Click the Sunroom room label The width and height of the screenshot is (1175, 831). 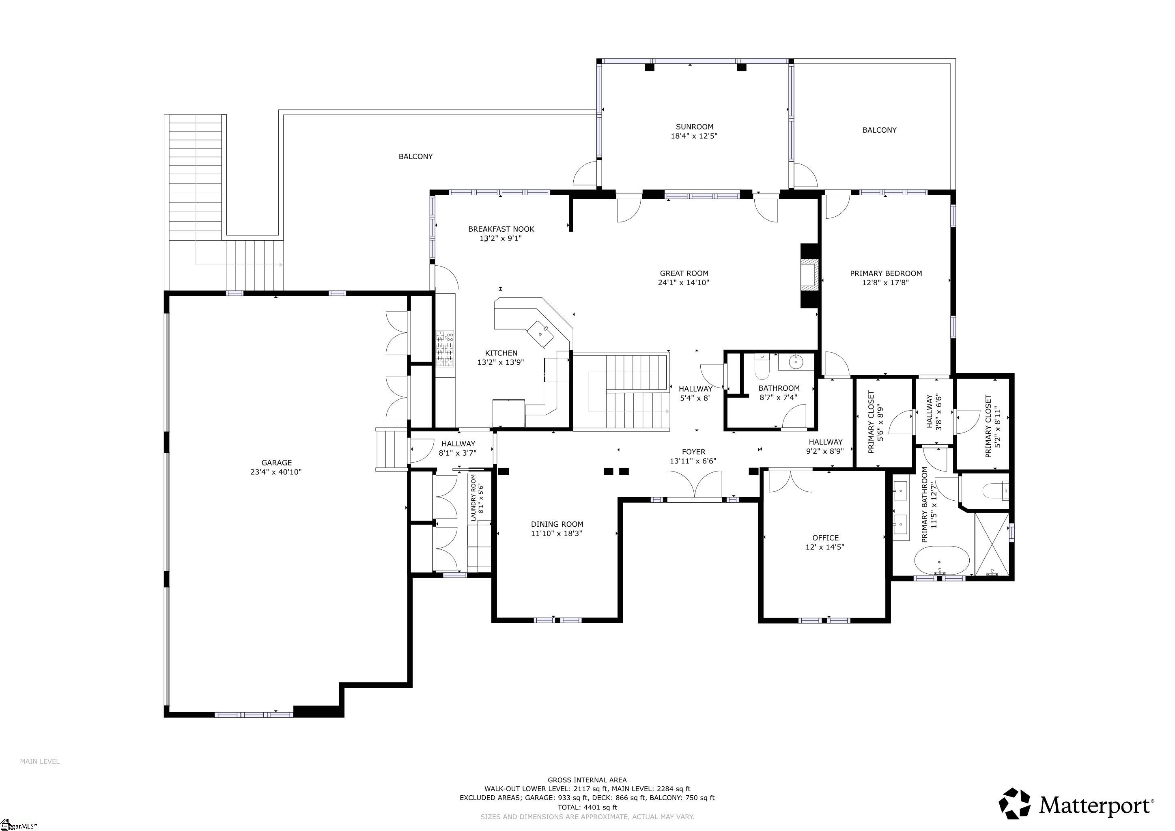tap(694, 126)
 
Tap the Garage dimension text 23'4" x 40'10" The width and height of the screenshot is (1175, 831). tap(276, 472)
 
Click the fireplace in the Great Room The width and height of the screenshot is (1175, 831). tap(809, 275)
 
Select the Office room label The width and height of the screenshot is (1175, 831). tap(825, 538)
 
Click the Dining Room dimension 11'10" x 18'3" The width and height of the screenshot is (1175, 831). tap(556, 533)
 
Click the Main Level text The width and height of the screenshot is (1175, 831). tap(39, 761)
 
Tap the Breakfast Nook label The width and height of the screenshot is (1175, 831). tap(501, 229)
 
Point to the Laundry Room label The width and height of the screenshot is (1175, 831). tap(473, 497)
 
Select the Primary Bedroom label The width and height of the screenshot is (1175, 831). tap(885, 273)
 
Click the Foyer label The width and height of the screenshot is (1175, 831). tap(693, 451)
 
